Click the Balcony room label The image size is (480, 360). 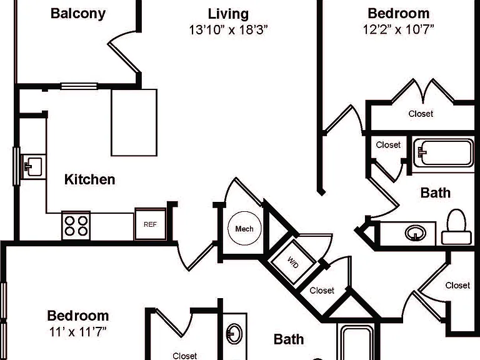click(x=78, y=14)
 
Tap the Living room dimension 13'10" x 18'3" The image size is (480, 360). click(x=228, y=30)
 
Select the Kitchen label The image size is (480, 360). click(x=90, y=179)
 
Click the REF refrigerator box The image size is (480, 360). click(x=150, y=224)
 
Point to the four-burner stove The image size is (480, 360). click(x=76, y=226)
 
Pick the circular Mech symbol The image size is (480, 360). click(x=244, y=228)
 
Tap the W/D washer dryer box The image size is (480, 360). click(x=292, y=262)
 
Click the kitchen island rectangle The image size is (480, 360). click(x=134, y=122)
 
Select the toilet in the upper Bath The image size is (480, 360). click(x=456, y=227)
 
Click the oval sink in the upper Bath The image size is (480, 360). click(x=416, y=234)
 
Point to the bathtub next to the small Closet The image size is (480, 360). click(x=443, y=153)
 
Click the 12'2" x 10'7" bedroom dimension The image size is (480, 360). click(x=399, y=30)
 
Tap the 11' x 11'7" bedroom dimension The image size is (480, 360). click(x=77, y=331)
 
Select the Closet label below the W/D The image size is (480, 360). click(x=322, y=290)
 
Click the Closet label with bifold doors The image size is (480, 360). click(x=421, y=114)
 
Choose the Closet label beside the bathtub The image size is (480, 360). click(x=388, y=144)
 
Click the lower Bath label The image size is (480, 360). click(x=289, y=339)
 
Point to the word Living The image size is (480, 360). click(x=228, y=14)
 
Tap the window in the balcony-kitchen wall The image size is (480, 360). click(x=79, y=86)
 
